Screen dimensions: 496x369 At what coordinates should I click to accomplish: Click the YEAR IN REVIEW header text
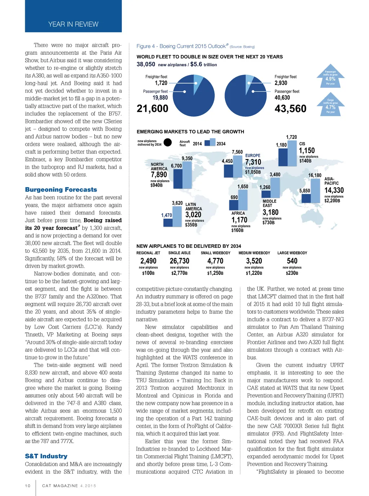(73, 24)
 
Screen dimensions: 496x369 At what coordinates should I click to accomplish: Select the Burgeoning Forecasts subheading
(61, 190)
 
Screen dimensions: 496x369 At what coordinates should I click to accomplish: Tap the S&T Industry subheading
(46, 456)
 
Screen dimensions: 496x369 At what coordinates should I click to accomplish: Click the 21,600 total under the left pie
(152, 109)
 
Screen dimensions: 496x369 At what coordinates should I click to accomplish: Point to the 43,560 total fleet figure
(290, 109)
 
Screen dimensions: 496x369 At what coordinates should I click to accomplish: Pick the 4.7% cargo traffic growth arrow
(330, 105)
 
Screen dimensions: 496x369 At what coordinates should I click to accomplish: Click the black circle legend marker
(168, 142)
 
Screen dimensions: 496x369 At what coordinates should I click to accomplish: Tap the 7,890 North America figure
(159, 174)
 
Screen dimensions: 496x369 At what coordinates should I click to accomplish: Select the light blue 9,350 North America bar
(187, 175)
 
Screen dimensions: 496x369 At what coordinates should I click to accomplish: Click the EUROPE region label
(253, 156)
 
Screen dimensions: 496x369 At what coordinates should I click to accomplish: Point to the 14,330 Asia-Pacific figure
(334, 190)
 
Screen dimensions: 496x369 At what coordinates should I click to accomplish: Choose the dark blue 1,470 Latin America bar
(168, 222)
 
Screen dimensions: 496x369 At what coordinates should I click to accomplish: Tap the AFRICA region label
(238, 213)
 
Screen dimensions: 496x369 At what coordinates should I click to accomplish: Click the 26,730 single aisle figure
(179, 261)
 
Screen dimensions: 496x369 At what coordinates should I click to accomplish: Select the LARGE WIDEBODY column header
(292, 253)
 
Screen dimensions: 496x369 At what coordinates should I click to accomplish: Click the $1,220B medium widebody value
(254, 273)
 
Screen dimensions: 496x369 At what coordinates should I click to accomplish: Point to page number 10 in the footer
(28, 486)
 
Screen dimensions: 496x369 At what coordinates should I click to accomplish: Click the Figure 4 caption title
(181, 46)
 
